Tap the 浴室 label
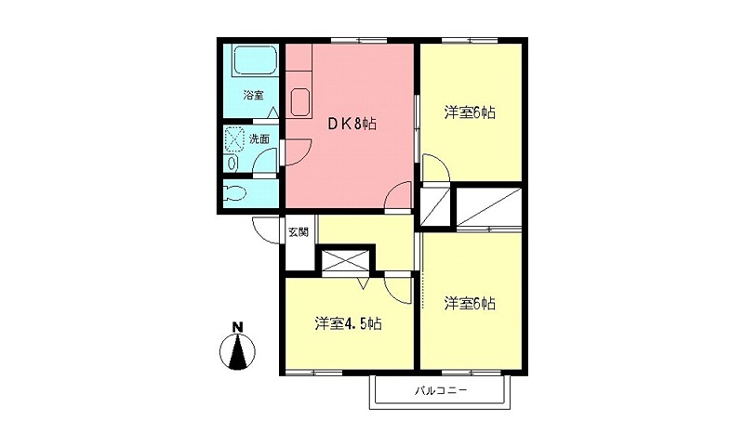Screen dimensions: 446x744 coord(253,95)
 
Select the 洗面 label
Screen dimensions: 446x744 coord(259,139)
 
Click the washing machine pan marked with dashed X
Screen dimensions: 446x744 coord(233,140)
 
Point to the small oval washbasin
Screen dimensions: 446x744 coord(232,163)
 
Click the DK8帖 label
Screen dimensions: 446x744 coord(350,124)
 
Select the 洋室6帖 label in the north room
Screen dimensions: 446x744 coord(469,112)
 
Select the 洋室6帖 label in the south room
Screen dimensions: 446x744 coord(469,303)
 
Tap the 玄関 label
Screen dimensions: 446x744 coord(298,231)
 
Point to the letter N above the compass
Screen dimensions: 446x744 coord(238,326)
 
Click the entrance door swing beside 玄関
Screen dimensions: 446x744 coord(267,230)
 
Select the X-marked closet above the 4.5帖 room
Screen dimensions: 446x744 coord(346,261)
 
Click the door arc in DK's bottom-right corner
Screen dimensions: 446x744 coord(399,196)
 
